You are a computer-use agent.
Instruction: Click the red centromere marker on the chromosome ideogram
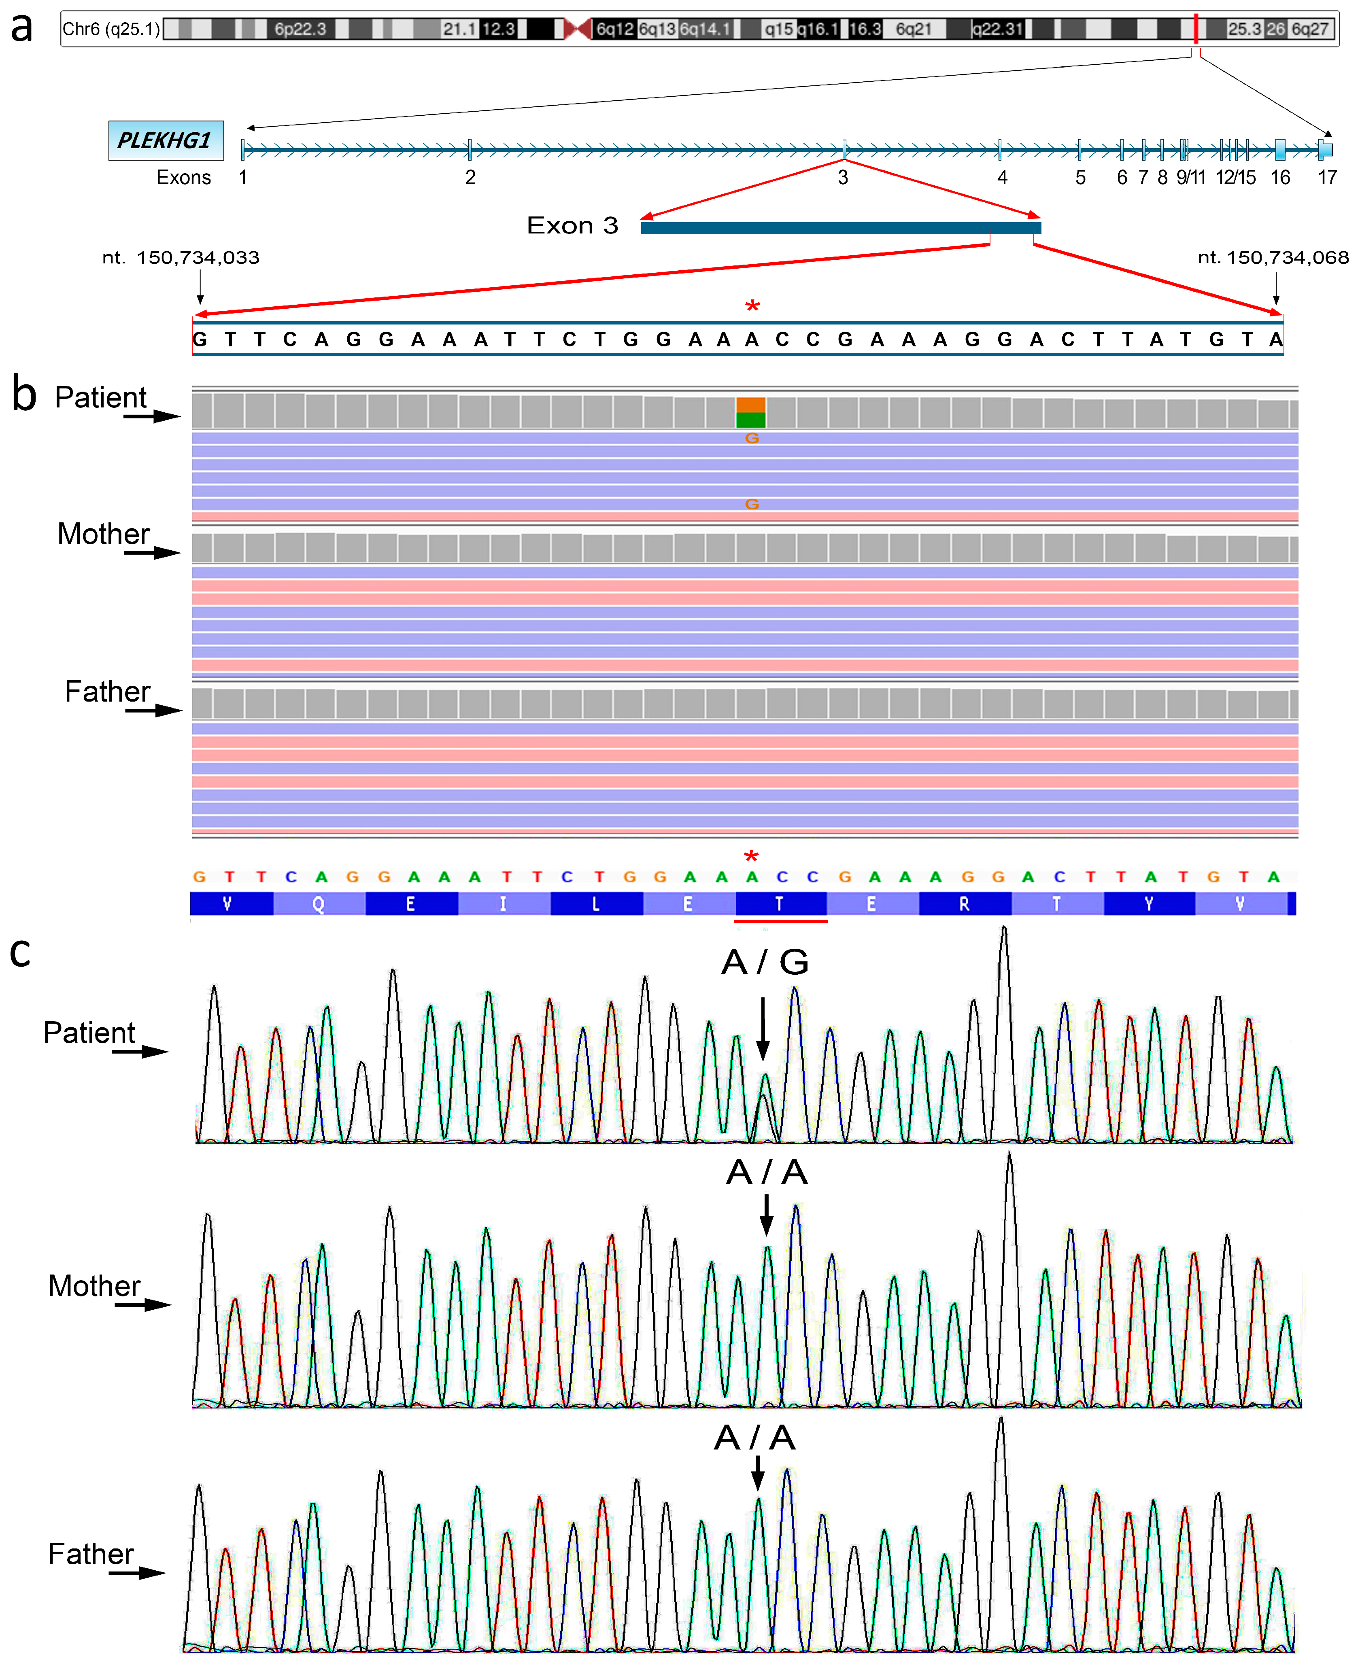point(577,29)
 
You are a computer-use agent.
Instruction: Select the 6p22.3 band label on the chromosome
point(300,29)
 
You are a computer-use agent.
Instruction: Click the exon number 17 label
point(1327,178)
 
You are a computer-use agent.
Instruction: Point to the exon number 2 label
point(470,178)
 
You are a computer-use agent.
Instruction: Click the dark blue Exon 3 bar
point(841,228)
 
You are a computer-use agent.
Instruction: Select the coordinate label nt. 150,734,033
point(181,258)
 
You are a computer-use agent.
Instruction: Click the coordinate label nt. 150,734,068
point(1273,258)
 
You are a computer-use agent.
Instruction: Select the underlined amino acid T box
point(780,903)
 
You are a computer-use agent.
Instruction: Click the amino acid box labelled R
point(965,903)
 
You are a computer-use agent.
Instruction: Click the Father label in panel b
point(107,691)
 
